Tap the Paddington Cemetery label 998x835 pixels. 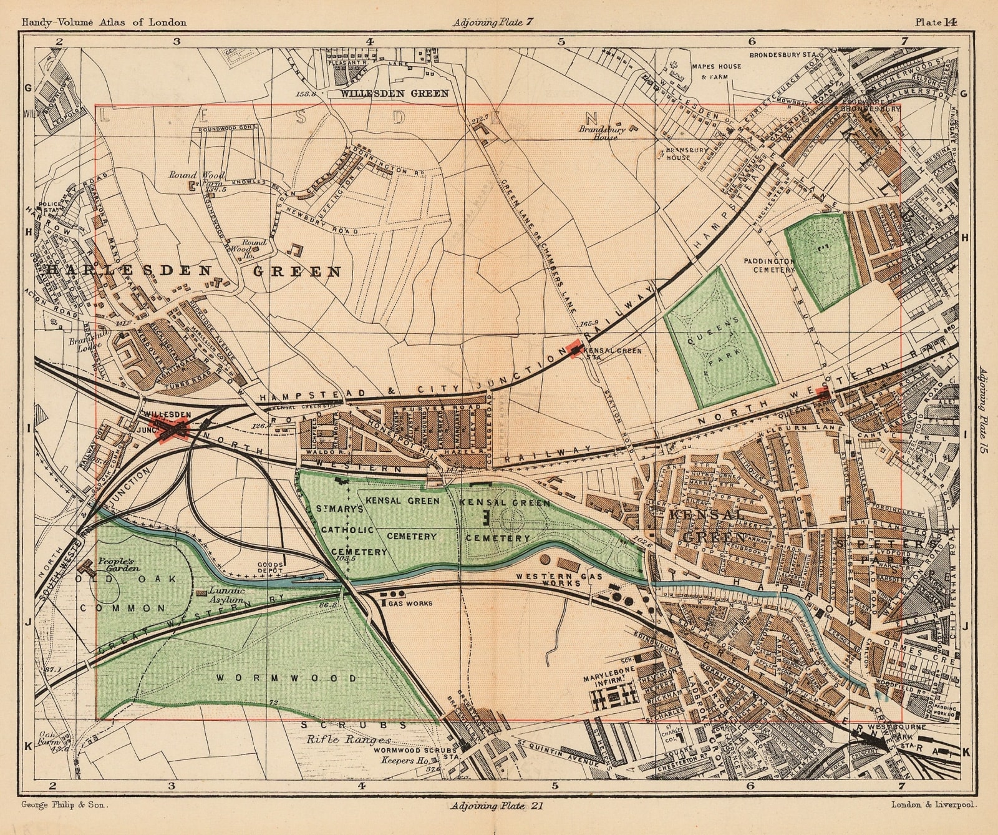coord(769,265)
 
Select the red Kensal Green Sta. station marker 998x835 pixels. coord(575,348)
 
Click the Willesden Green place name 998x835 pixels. coord(394,94)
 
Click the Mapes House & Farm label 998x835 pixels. coord(715,71)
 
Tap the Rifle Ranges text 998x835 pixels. coord(340,740)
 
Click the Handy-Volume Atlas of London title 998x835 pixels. coord(104,22)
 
